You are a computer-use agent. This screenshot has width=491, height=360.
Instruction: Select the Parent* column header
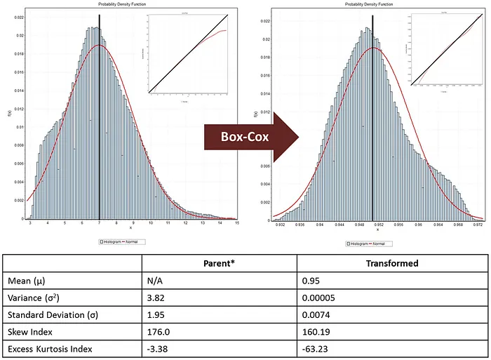pos(218,265)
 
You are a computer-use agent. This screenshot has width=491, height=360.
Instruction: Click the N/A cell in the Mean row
pos(156,281)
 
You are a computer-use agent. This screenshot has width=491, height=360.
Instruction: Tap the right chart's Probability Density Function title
pos(372,4)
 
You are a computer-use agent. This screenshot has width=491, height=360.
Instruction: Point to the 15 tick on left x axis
pos(237,222)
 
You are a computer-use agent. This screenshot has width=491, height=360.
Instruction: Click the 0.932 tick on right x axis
pos(281,225)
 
